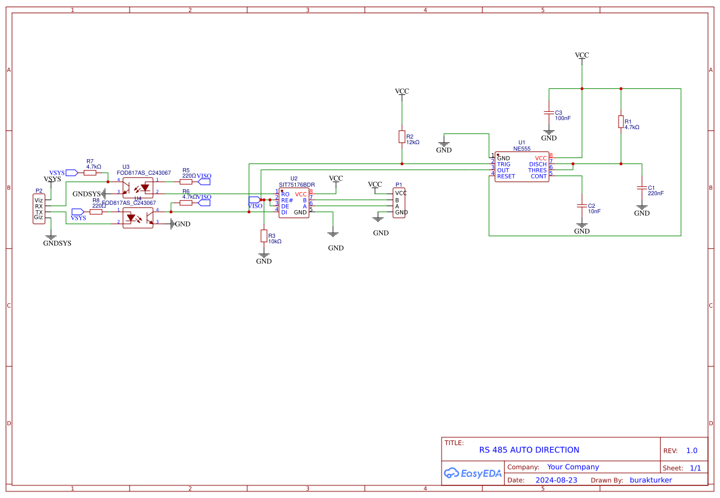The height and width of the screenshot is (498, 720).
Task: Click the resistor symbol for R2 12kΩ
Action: (401, 137)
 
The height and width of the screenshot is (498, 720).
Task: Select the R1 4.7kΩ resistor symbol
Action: (620, 122)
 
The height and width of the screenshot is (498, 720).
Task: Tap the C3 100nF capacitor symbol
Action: (548, 113)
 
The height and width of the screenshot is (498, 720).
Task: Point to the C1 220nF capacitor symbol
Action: (641, 188)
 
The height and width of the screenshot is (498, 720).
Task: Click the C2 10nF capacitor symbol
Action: (581, 206)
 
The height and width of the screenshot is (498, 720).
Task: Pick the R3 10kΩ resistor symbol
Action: (263, 236)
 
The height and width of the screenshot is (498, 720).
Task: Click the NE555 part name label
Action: (522, 148)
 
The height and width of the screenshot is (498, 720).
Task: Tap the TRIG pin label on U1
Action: (503, 164)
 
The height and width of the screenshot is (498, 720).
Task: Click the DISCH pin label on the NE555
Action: (538, 164)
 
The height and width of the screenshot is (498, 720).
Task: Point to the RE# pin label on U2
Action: (287, 200)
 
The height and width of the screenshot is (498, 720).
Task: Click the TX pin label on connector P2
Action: (39, 212)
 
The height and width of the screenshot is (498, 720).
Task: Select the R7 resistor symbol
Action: (90, 172)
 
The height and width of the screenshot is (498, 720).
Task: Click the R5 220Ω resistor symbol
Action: (186, 181)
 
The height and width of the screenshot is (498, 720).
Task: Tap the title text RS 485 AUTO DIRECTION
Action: (529, 450)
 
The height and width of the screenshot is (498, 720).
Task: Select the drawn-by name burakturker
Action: (650, 480)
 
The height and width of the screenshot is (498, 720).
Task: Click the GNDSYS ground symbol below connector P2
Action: (51, 237)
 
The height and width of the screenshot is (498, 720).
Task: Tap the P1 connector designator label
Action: (398, 186)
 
